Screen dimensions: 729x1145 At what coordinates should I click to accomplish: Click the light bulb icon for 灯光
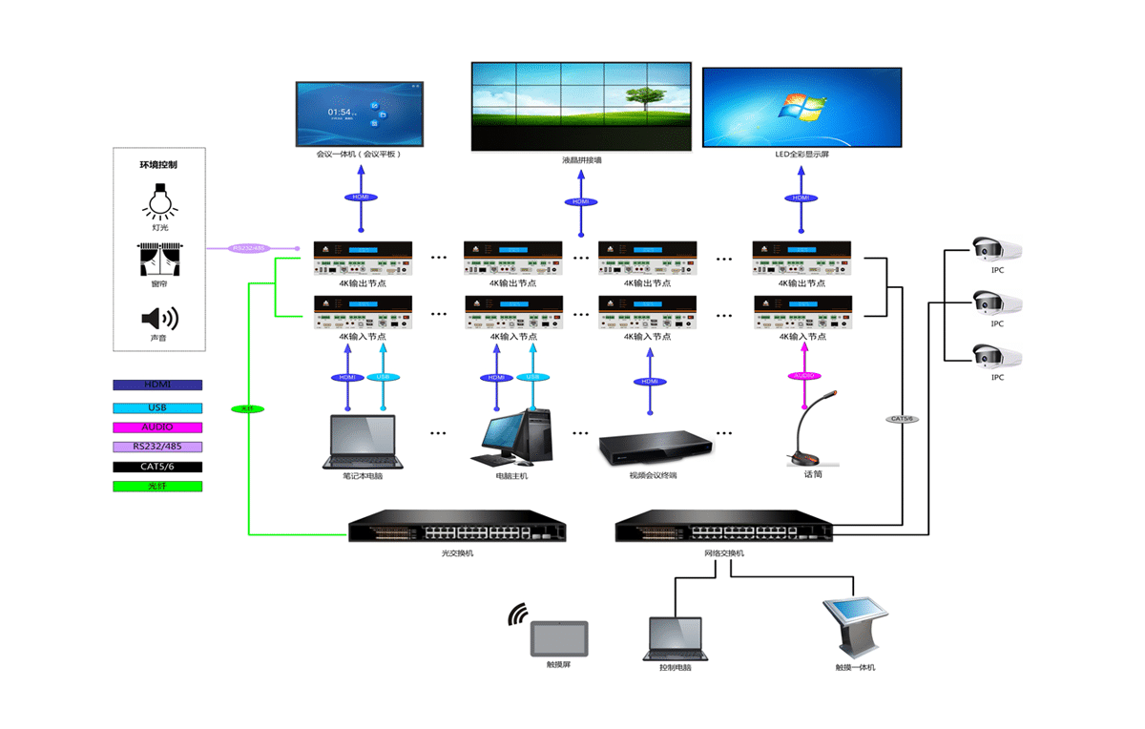point(159,199)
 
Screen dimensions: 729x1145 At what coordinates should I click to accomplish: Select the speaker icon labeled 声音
point(159,319)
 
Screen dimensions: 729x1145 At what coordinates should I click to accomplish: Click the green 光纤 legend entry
point(157,487)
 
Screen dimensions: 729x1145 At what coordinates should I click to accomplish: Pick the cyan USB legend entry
point(157,406)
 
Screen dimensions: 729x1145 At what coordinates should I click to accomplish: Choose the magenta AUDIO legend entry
point(157,427)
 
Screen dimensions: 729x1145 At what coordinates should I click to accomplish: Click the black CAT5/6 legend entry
point(157,467)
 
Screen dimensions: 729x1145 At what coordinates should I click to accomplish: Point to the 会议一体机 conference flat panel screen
point(361,114)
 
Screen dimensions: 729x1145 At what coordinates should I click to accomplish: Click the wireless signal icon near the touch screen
point(518,614)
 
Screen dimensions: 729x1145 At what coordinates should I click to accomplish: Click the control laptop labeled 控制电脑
point(675,637)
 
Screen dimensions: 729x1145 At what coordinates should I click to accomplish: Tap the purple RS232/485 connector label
point(250,248)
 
